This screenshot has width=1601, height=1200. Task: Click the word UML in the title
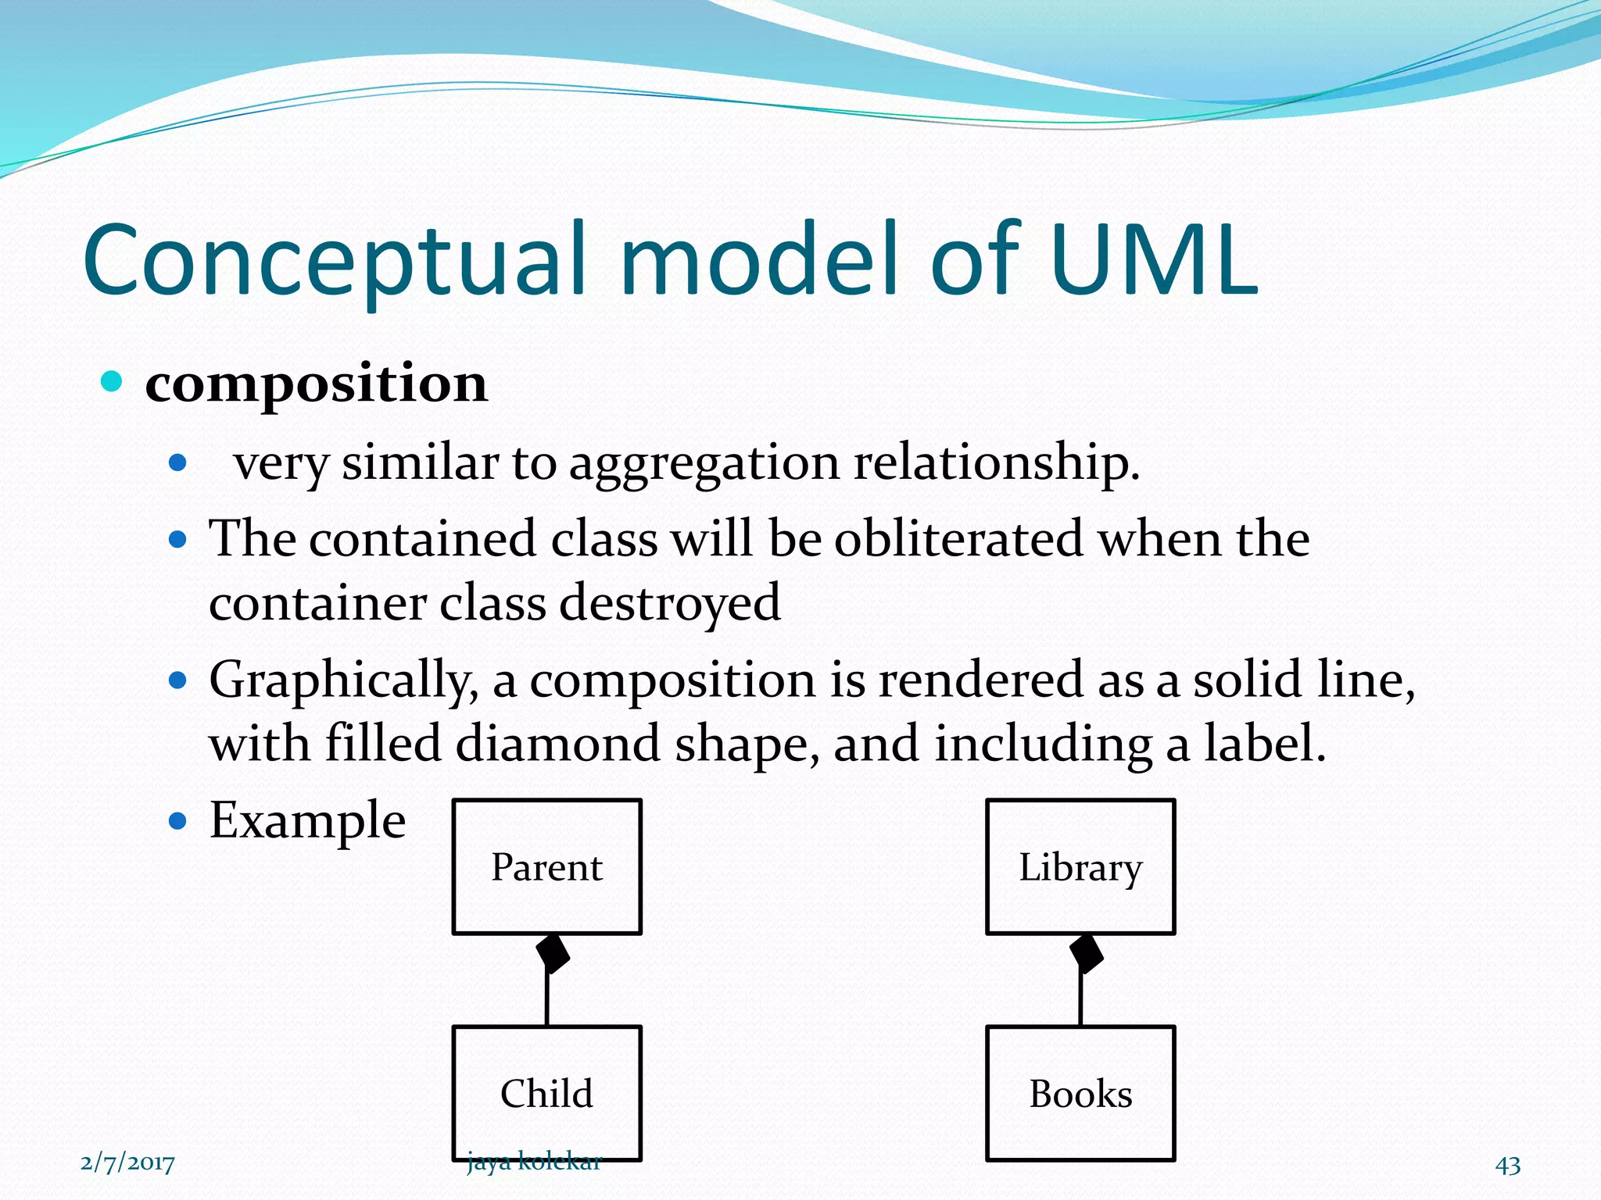1153,260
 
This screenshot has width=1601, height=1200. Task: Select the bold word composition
316,384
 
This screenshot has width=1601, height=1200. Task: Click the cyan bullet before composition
113,382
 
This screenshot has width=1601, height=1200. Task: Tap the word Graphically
342,680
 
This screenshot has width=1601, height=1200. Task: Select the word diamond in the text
558,743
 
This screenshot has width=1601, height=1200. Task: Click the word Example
307,821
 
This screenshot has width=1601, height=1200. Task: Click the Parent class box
546,866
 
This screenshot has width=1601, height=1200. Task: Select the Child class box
546,1092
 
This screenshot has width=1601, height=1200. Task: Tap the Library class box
1080,866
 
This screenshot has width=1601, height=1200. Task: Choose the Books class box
1080,1092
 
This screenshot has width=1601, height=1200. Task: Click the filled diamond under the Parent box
552,953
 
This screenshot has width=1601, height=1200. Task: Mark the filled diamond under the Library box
1086,953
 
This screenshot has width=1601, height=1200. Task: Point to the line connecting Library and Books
1080,1000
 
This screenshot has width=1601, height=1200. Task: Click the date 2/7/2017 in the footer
127,1163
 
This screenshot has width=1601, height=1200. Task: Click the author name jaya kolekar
534,1162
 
